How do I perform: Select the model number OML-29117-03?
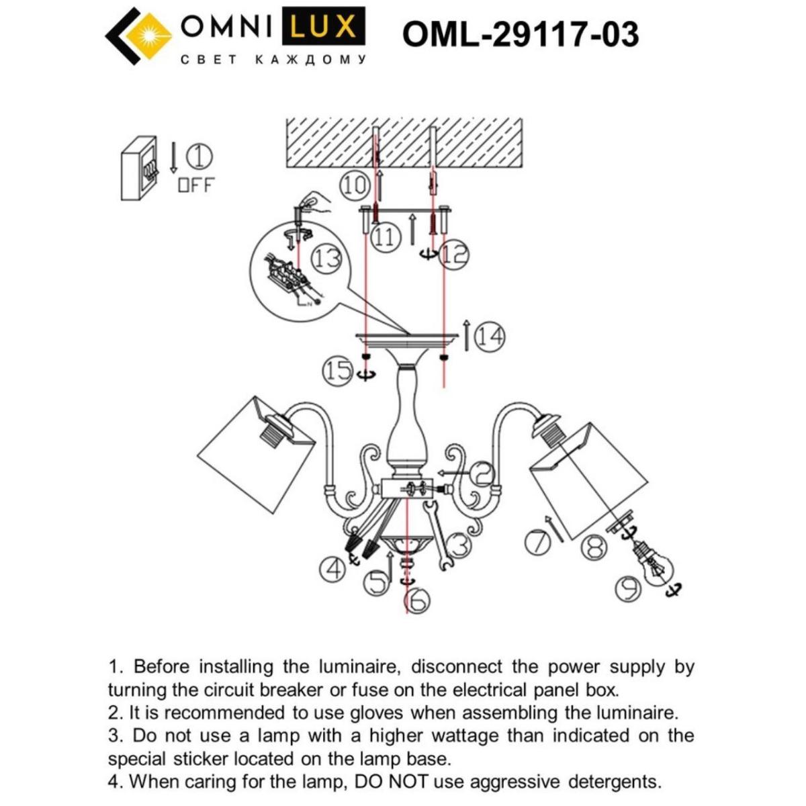[520, 34]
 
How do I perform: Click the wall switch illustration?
[140, 168]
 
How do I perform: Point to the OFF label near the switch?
[195, 185]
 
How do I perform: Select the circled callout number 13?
[328, 259]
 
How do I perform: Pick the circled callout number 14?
[490, 337]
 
